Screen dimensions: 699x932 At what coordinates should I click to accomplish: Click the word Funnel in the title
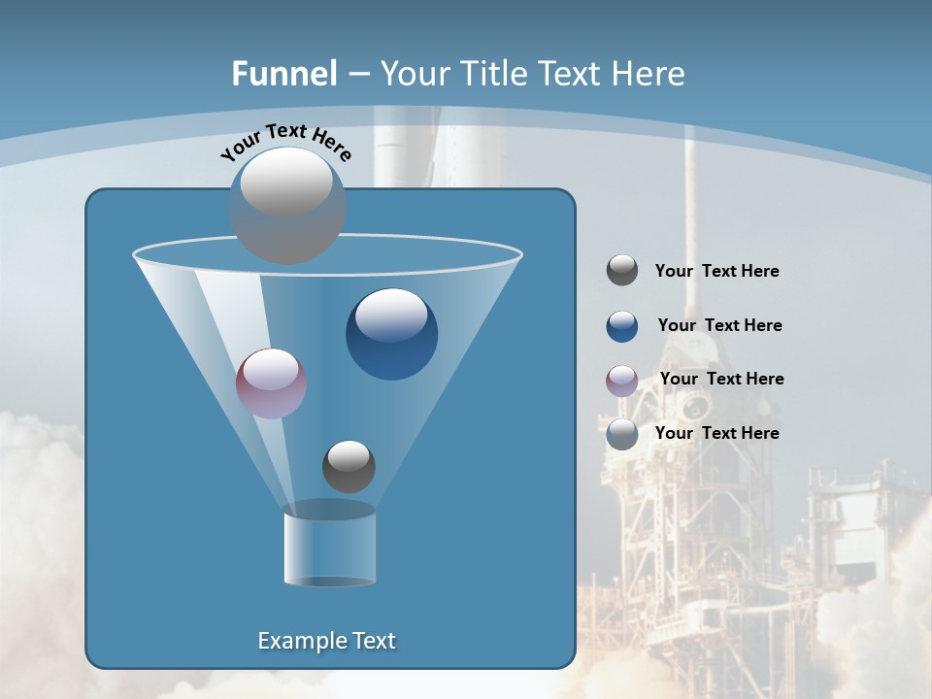[x=283, y=74]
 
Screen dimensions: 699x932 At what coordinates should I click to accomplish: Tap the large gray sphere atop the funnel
[x=286, y=206]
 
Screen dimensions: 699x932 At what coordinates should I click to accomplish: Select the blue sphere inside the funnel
[x=391, y=335]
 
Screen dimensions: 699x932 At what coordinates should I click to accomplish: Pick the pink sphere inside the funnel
[x=271, y=383]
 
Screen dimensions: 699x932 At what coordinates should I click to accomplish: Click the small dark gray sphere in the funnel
[x=349, y=466]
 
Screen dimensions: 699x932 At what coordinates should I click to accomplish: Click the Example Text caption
[x=326, y=641]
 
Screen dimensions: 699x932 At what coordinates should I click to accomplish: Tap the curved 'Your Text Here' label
[x=285, y=140]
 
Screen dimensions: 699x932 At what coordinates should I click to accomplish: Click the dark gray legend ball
[x=622, y=271]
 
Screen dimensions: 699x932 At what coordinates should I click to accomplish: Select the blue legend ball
[x=622, y=326]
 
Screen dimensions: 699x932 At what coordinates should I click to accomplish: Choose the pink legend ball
[x=622, y=381]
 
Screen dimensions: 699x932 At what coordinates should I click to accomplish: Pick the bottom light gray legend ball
[x=622, y=434]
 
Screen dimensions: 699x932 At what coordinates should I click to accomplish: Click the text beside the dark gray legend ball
[x=716, y=271]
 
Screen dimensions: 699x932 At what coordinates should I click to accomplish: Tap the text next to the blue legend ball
[x=719, y=325]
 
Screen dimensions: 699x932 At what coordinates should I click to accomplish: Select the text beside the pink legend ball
[x=721, y=379]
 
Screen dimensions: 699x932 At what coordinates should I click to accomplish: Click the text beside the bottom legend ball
[x=716, y=433]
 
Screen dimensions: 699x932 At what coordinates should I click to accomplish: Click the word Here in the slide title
[x=649, y=74]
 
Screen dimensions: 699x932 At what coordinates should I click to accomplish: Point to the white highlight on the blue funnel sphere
[x=391, y=316]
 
